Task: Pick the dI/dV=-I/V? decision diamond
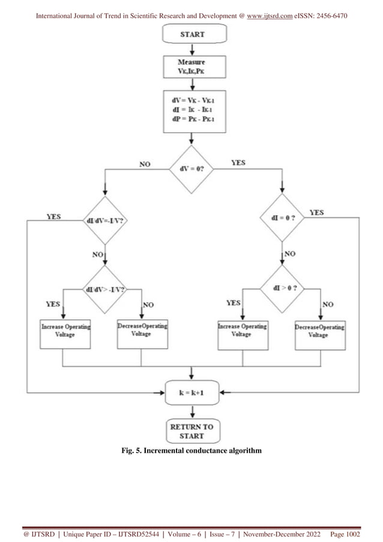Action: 106,220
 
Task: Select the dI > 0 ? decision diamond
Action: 282,289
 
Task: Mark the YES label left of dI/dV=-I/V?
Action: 54,216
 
